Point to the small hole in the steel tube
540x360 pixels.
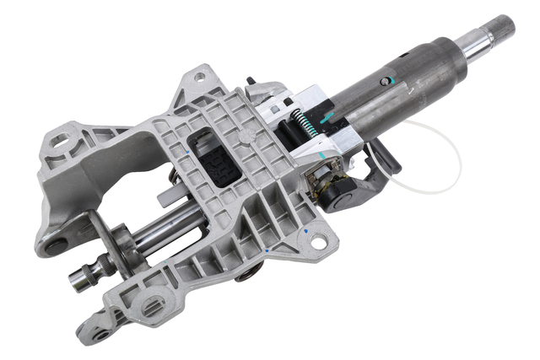point(387,82)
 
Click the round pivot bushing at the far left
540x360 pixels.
point(55,246)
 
